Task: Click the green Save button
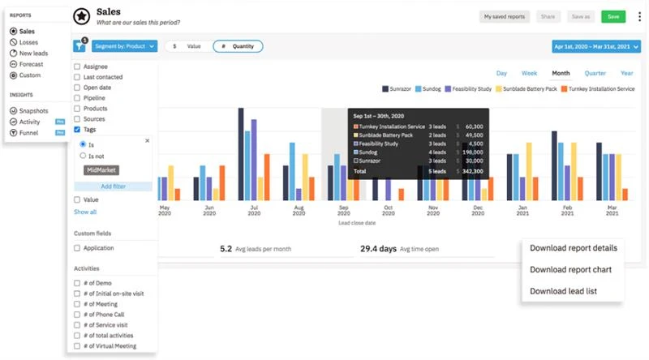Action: tap(613, 16)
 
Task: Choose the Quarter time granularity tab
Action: tap(595, 73)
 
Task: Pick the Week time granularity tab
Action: tap(529, 73)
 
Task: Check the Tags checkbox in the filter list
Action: tap(77, 130)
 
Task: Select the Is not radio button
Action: tap(83, 155)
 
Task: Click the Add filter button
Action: tap(113, 186)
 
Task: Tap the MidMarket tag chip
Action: tap(101, 171)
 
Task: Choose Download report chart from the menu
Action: tap(570, 269)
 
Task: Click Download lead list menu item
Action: tap(564, 290)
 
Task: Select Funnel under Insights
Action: tap(28, 132)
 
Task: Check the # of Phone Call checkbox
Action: tap(77, 314)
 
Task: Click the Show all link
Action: tap(85, 212)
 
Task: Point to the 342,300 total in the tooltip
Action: tap(471, 171)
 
